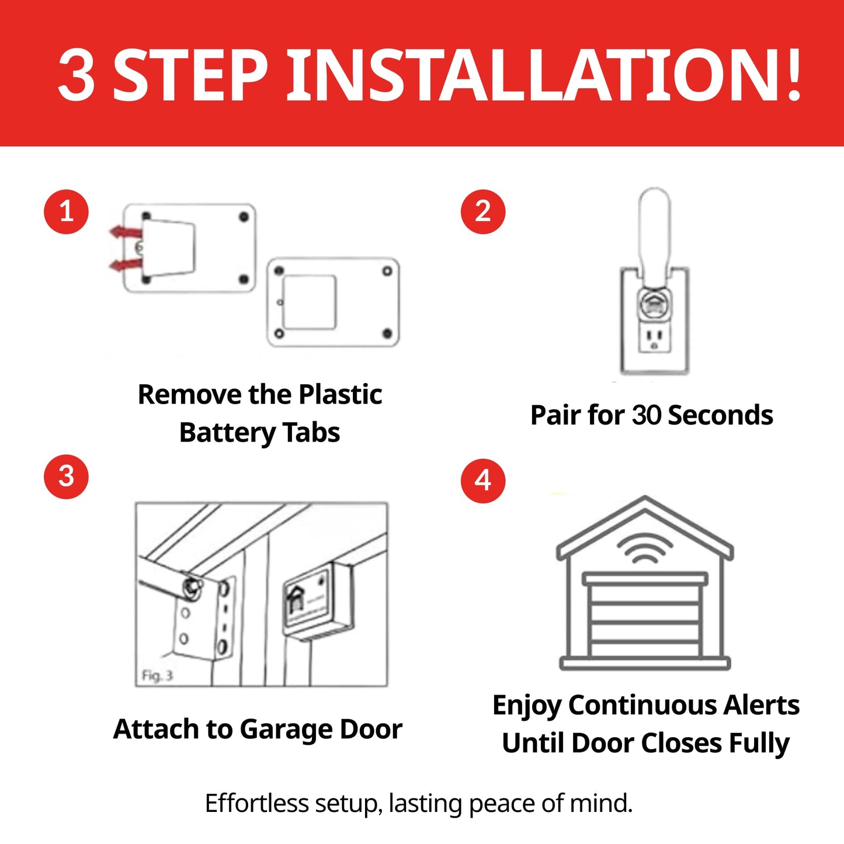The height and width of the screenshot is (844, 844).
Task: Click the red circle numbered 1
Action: [x=66, y=211]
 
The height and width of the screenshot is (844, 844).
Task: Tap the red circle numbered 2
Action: [x=482, y=211]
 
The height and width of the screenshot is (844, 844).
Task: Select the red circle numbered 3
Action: [x=66, y=477]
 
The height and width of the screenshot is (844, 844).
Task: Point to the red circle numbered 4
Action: [x=482, y=481]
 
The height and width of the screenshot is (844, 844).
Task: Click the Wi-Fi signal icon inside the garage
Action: [x=645, y=549]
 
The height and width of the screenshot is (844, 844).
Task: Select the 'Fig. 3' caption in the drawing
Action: [x=157, y=676]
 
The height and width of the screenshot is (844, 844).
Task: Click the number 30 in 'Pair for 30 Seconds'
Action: [x=646, y=415]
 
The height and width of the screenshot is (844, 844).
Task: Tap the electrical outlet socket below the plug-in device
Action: [x=654, y=339]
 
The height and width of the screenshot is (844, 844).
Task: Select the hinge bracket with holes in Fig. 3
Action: [x=204, y=619]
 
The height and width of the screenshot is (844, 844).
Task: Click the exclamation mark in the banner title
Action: [x=793, y=75]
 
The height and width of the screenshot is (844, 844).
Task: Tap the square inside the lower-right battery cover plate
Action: [x=309, y=303]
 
